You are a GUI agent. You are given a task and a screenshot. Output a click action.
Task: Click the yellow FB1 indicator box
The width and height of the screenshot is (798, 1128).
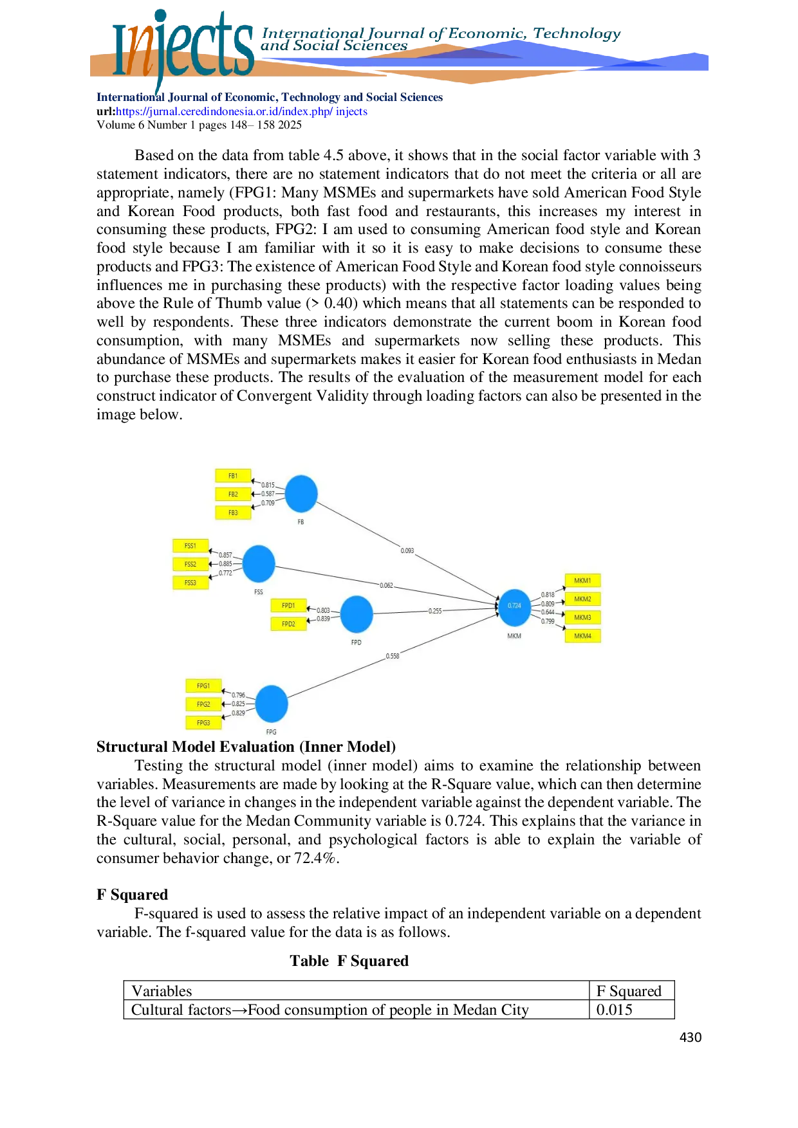click(233, 476)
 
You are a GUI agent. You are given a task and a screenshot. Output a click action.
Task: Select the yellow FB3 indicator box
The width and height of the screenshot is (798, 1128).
click(233, 513)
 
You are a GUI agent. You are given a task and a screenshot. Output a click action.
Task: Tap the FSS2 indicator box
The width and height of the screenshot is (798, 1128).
click(190, 564)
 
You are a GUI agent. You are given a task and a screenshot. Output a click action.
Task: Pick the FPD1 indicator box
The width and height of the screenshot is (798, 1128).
click(288, 605)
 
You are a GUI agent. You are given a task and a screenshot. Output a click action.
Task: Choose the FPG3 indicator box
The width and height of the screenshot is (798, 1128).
click(203, 723)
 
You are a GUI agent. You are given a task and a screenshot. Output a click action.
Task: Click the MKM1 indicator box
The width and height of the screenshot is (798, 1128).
click(582, 581)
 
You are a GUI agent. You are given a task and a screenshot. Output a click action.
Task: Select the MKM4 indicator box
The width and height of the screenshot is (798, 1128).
click(582, 636)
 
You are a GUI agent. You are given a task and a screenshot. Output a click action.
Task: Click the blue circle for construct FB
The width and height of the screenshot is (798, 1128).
click(301, 494)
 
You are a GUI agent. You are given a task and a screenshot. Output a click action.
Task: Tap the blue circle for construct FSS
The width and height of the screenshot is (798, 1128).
click(259, 564)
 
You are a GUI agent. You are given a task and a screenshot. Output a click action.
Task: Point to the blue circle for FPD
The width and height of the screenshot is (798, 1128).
click(357, 614)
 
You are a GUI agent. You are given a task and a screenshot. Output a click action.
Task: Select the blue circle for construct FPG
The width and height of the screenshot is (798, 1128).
click(272, 704)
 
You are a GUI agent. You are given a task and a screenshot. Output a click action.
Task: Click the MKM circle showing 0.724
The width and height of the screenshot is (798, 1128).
click(514, 606)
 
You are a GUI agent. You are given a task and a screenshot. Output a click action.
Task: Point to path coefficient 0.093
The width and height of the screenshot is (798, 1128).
click(407, 550)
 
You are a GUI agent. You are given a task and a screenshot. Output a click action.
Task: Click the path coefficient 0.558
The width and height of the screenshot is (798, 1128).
click(393, 656)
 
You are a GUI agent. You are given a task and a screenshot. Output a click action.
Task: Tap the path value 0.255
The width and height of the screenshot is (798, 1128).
click(435, 611)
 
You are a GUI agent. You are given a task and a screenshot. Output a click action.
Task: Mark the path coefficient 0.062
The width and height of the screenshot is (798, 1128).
click(386, 585)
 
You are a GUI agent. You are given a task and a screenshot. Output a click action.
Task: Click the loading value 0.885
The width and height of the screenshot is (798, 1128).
click(225, 564)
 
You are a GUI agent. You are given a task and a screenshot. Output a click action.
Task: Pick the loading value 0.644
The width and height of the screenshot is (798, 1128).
click(548, 612)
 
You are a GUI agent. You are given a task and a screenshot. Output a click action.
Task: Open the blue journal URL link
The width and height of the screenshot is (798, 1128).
click(241, 112)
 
